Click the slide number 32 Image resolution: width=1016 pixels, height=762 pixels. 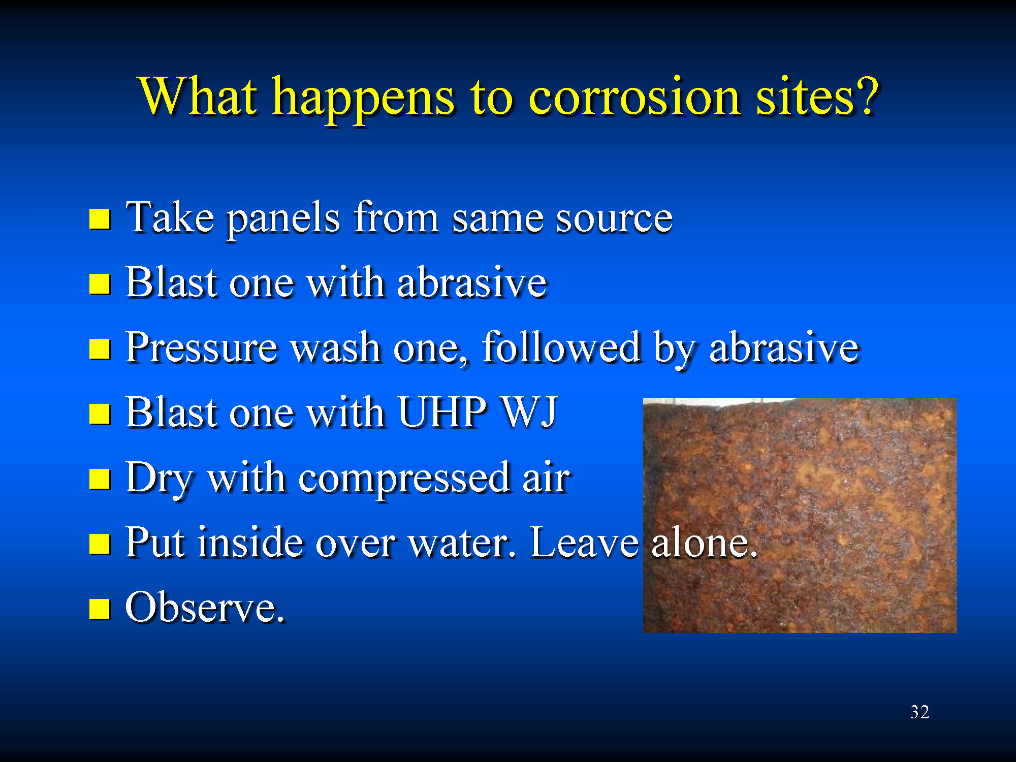(919, 712)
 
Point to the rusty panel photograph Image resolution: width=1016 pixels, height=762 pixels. (800, 515)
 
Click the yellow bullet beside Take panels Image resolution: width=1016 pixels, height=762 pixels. (100, 219)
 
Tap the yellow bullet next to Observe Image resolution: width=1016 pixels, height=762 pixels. (100, 609)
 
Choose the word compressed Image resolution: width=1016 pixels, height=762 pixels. (404, 479)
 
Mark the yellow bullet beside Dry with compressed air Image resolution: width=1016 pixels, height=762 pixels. (100, 479)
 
